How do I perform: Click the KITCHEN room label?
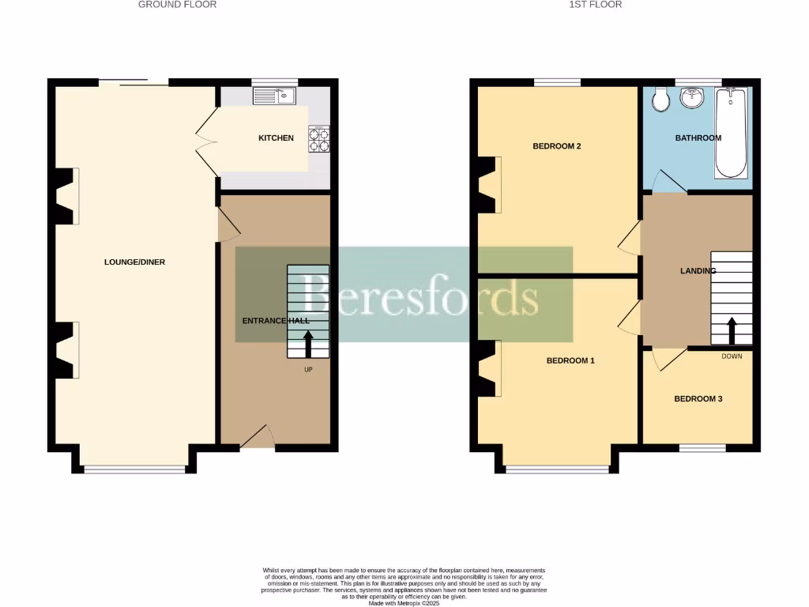tap(276, 138)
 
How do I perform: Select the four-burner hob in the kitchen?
tap(319, 139)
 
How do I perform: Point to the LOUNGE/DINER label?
tap(135, 262)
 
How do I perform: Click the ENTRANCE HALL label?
tap(276, 321)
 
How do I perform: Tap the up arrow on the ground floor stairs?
tap(307, 345)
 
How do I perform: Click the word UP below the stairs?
tap(308, 369)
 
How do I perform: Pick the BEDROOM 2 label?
tap(557, 146)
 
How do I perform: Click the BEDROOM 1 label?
tap(570, 360)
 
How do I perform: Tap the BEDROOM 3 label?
tap(698, 399)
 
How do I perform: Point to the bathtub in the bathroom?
tap(730, 132)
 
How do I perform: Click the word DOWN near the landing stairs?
tap(732, 356)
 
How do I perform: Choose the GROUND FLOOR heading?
tap(177, 5)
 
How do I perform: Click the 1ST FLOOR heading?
tap(595, 5)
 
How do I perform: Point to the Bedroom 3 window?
tap(702, 448)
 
